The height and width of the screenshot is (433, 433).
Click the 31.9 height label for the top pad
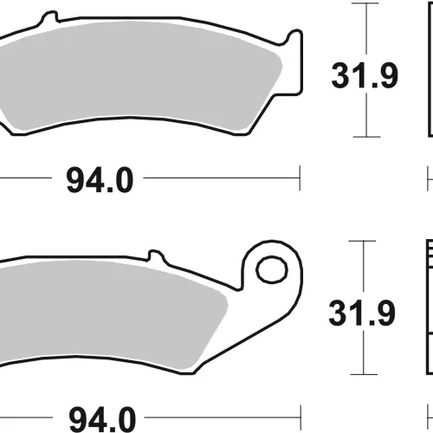click(x=365, y=75)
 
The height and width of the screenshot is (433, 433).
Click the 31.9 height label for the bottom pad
click(x=362, y=313)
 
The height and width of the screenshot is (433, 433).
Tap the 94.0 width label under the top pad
click(x=100, y=180)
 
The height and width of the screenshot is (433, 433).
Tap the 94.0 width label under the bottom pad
click(x=102, y=419)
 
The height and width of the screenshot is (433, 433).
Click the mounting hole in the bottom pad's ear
click(x=272, y=270)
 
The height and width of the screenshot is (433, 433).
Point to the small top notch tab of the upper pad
click(x=50, y=16)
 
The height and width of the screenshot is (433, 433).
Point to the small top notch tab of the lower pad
click(x=156, y=255)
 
